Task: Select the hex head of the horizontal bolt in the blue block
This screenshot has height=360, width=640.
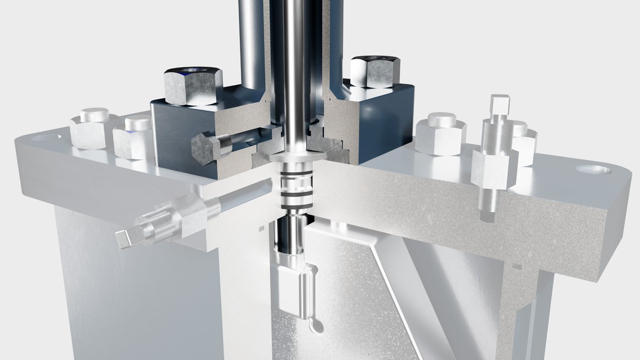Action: click(204, 148)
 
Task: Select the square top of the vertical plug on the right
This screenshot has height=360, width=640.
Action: click(500, 105)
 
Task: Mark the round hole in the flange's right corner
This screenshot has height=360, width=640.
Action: click(593, 170)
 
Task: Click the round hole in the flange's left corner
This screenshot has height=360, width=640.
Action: click(46, 137)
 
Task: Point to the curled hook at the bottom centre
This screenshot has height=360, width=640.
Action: click(316, 325)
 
